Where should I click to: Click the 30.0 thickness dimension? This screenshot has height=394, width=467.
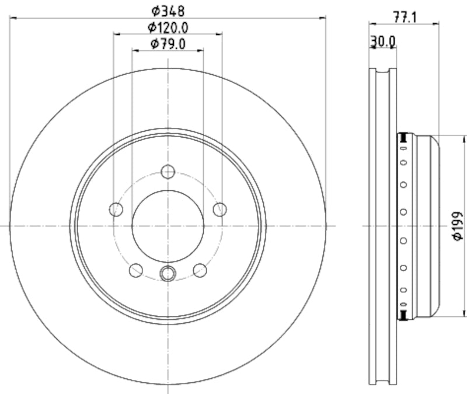(x=383, y=41)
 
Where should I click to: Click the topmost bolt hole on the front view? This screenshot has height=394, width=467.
(x=168, y=172)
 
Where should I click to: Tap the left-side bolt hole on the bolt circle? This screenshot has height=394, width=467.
(x=117, y=209)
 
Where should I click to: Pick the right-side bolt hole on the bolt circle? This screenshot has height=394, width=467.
(x=219, y=209)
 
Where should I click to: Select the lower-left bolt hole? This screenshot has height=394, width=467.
(x=136, y=270)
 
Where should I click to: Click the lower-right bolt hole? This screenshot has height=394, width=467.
(x=200, y=270)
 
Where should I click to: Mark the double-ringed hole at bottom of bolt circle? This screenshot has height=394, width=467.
(x=168, y=273)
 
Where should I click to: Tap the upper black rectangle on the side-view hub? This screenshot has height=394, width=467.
(x=402, y=137)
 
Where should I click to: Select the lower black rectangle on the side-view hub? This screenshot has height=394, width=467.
(x=402, y=315)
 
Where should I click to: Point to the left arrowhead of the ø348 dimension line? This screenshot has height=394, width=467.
(x=13, y=18)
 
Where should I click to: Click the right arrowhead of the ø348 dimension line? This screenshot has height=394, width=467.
(x=322, y=18)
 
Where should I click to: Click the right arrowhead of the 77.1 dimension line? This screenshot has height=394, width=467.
(x=435, y=24)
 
